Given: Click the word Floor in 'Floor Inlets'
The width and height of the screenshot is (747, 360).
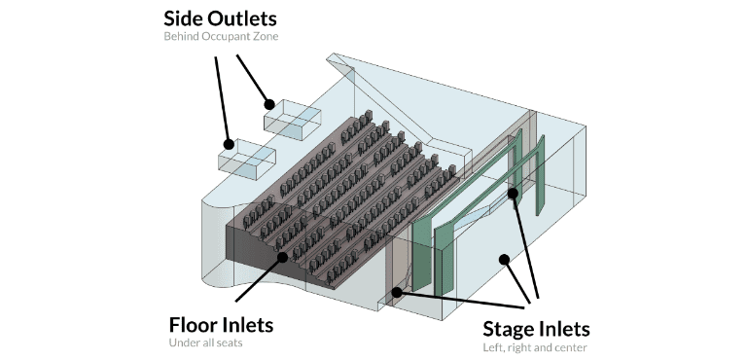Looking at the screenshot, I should pos(195,324).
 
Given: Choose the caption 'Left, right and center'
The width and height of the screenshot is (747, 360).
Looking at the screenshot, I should pos(535,347).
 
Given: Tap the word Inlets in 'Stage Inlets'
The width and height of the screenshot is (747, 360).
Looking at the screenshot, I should pos(563,328).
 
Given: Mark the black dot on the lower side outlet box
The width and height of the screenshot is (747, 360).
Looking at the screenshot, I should pos(230,144).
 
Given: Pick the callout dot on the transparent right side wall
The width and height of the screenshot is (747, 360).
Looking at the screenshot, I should pos(503,258).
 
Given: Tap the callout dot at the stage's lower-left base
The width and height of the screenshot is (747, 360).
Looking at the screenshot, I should pos(396,289).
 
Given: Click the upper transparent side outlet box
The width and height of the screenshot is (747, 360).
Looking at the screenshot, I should pos(292,118).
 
